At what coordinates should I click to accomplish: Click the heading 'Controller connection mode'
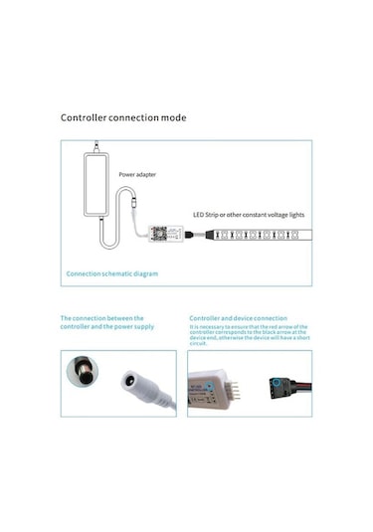[122, 117]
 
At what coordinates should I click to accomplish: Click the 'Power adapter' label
[137, 175]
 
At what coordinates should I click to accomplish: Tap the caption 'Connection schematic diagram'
[111, 272]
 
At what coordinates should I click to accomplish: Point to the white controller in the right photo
[213, 388]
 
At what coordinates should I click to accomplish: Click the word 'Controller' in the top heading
[86, 117]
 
